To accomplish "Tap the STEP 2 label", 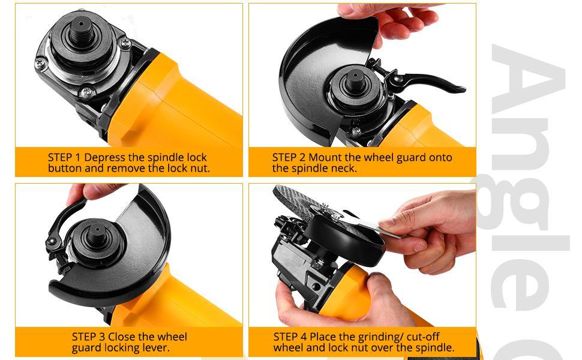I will (289, 158).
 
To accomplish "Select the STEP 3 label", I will (89, 337).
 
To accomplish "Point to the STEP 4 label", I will (290, 337).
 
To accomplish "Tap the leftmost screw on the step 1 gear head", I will (40, 62).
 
